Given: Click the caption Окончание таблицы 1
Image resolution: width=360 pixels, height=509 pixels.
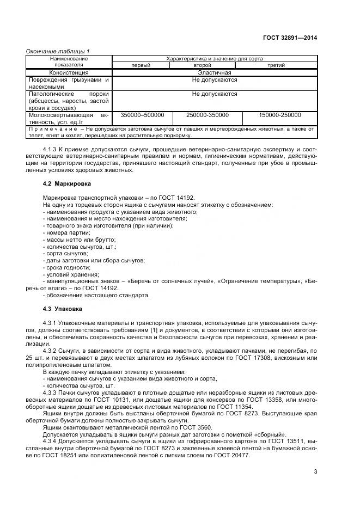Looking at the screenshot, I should pyautogui.click(x=58, y=51).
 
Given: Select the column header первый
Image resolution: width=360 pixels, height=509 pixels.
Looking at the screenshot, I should pyautogui.click(x=141, y=65).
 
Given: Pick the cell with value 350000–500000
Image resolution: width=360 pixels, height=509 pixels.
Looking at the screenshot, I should pyautogui.click(x=142, y=115).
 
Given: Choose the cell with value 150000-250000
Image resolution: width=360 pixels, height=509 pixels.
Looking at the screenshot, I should pyautogui.click(x=280, y=115).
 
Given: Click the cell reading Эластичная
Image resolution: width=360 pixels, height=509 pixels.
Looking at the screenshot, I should pyautogui.click(x=215, y=72).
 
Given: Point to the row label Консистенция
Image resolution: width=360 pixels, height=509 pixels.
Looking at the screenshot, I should pyautogui.click(x=69, y=72).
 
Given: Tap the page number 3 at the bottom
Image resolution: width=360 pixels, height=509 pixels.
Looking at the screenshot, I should pyautogui.click(x=315, y=471).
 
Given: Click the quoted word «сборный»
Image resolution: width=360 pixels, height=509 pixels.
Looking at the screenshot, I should pyautogui.click(x=271, y=434).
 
